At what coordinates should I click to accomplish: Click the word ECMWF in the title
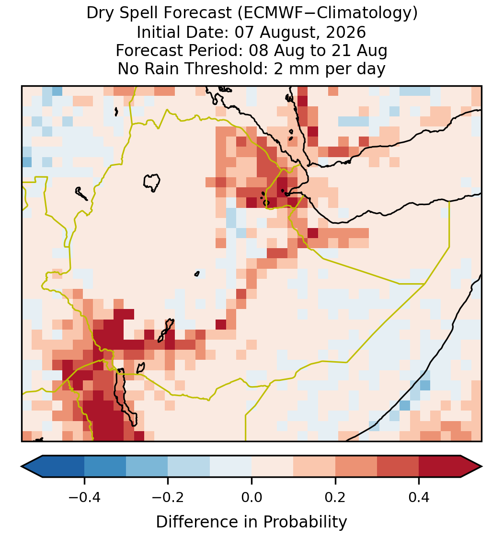(x=268, y=13)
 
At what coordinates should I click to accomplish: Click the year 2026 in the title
(x=346, y=32)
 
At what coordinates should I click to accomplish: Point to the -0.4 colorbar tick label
(x=84, y=497)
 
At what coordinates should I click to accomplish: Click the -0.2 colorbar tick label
(x=168, y=497)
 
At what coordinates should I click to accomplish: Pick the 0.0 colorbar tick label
(x=251, y=497)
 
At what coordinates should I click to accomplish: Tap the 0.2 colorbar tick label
(x=335, y=497)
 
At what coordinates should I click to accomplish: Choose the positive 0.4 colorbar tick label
(x=419, y=497)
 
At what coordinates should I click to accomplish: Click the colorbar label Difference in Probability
(x=251, y=522)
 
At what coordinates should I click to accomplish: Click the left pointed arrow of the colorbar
(x=32, y=467)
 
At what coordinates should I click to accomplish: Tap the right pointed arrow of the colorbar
(x=471, y=467)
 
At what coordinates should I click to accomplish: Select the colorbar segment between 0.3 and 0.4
(x=398, y=467)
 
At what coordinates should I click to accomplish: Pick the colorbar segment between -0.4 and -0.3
(x=105, y=467)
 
